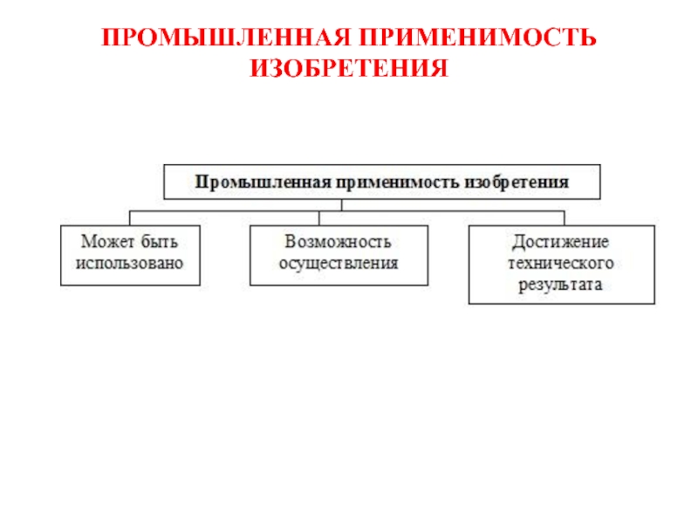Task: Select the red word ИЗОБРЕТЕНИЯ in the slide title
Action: coord(349,67)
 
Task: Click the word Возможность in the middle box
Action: coord(339,242)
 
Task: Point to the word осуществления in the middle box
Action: coord(339,263)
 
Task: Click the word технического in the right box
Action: coord(561,263)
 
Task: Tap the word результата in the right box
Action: coord(561,285)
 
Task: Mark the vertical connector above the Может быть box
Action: coord(131,217)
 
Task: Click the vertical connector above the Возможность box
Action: coord(318,217)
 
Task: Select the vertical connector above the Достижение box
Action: coord(563,217)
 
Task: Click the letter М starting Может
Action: coord(89,242)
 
